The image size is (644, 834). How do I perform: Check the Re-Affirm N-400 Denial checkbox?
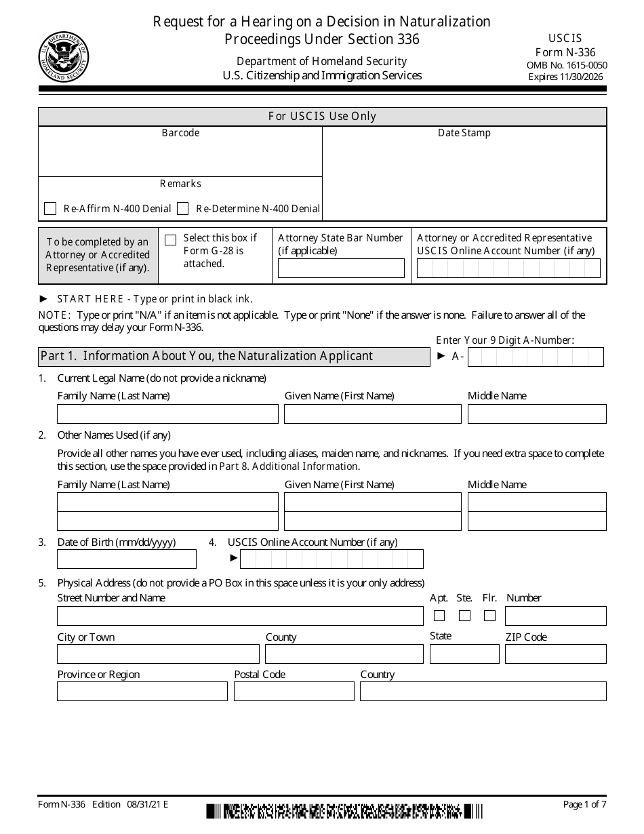coord(50,209)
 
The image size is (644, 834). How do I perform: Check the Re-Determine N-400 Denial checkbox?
coord(182,209)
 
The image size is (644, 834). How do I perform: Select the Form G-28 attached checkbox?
coord(171,239)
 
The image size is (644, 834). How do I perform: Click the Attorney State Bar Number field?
coord(341,269)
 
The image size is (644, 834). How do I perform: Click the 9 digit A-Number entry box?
coord(536,357)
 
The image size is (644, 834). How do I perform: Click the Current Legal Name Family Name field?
coord(167,414)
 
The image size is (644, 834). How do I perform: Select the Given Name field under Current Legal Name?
coord(372,414)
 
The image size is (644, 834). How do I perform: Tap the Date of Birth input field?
coord(127,559)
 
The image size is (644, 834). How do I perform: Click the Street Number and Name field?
coord(240,616)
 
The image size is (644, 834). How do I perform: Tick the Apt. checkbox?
coord(439,616)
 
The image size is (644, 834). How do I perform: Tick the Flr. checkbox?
coord(490,616)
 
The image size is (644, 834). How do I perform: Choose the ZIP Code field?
coord(555,654)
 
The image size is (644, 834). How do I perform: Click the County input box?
coord(344,654)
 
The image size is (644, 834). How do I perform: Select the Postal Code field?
coord(294,691)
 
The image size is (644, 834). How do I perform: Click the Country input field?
coord(483,691)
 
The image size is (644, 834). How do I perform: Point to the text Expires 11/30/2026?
coord(565,77)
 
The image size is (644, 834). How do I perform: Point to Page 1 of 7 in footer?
coord(584,804)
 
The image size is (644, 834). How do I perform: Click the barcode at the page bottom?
coord(344,811)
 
